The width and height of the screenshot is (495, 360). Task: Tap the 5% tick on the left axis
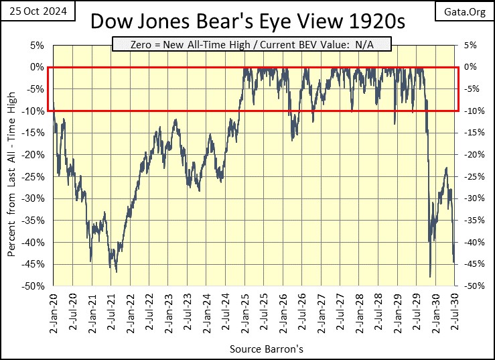tap(38, 45)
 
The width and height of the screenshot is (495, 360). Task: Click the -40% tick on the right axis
tap(471, 242)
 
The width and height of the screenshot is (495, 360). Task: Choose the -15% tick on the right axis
tap(471, 133)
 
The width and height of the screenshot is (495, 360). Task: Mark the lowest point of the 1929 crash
tap(430, 276)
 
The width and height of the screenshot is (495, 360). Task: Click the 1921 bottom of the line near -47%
tap(116, 272)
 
